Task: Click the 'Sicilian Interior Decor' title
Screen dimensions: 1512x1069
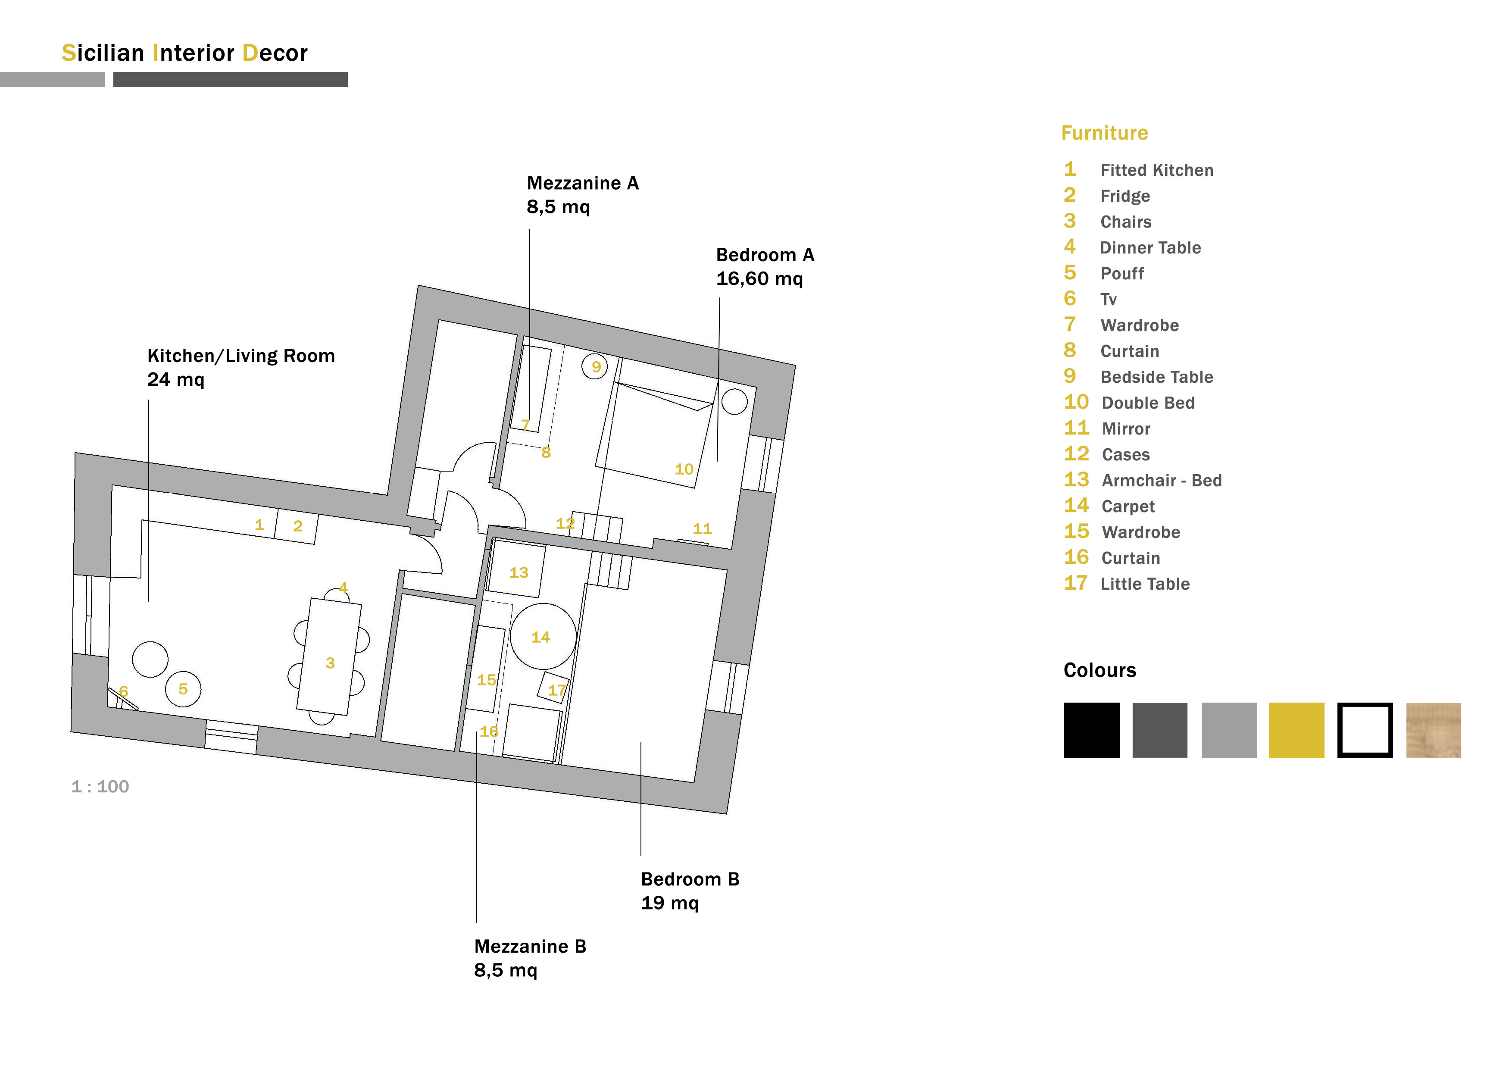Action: (184, 53)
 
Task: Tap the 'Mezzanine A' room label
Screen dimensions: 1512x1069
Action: (583, 183)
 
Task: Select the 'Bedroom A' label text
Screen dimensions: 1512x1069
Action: (765, 255)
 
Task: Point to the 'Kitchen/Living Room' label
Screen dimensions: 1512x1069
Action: (241, 356)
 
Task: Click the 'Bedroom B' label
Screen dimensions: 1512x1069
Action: (690, 879)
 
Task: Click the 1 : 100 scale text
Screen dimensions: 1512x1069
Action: (100, 786)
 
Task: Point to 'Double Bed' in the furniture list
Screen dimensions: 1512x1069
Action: (1148, 403)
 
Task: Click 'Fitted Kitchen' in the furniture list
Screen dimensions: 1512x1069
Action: (1157, 170)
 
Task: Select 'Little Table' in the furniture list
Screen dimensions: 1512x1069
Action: (1145, 584)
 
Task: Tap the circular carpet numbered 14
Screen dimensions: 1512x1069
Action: (543, 636)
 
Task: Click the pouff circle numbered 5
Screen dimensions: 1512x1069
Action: (183, 689)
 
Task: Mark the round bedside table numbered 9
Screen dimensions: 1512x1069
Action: (595, 366)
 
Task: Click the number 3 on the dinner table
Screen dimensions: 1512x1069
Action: (330, 663)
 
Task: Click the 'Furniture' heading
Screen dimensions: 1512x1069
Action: (1104, 133)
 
